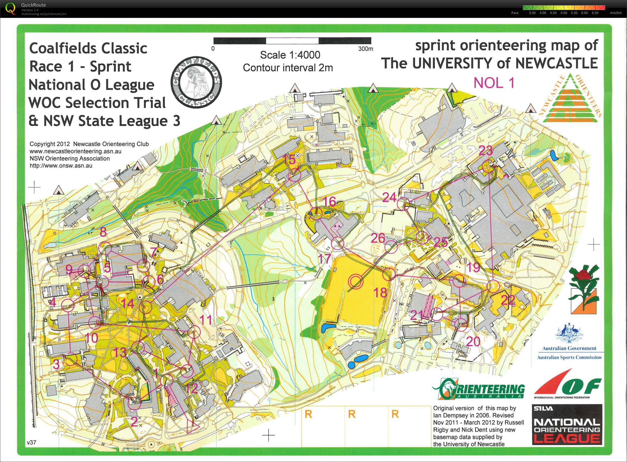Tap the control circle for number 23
click(488, 168)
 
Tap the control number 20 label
click(473, 342)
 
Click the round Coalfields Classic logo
click(196, 86)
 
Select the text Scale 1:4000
click(290, 55)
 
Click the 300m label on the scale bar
click(365, 49)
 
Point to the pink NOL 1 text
click(494, 83)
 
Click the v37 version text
click(32, 442)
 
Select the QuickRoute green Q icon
click(11, 8)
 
